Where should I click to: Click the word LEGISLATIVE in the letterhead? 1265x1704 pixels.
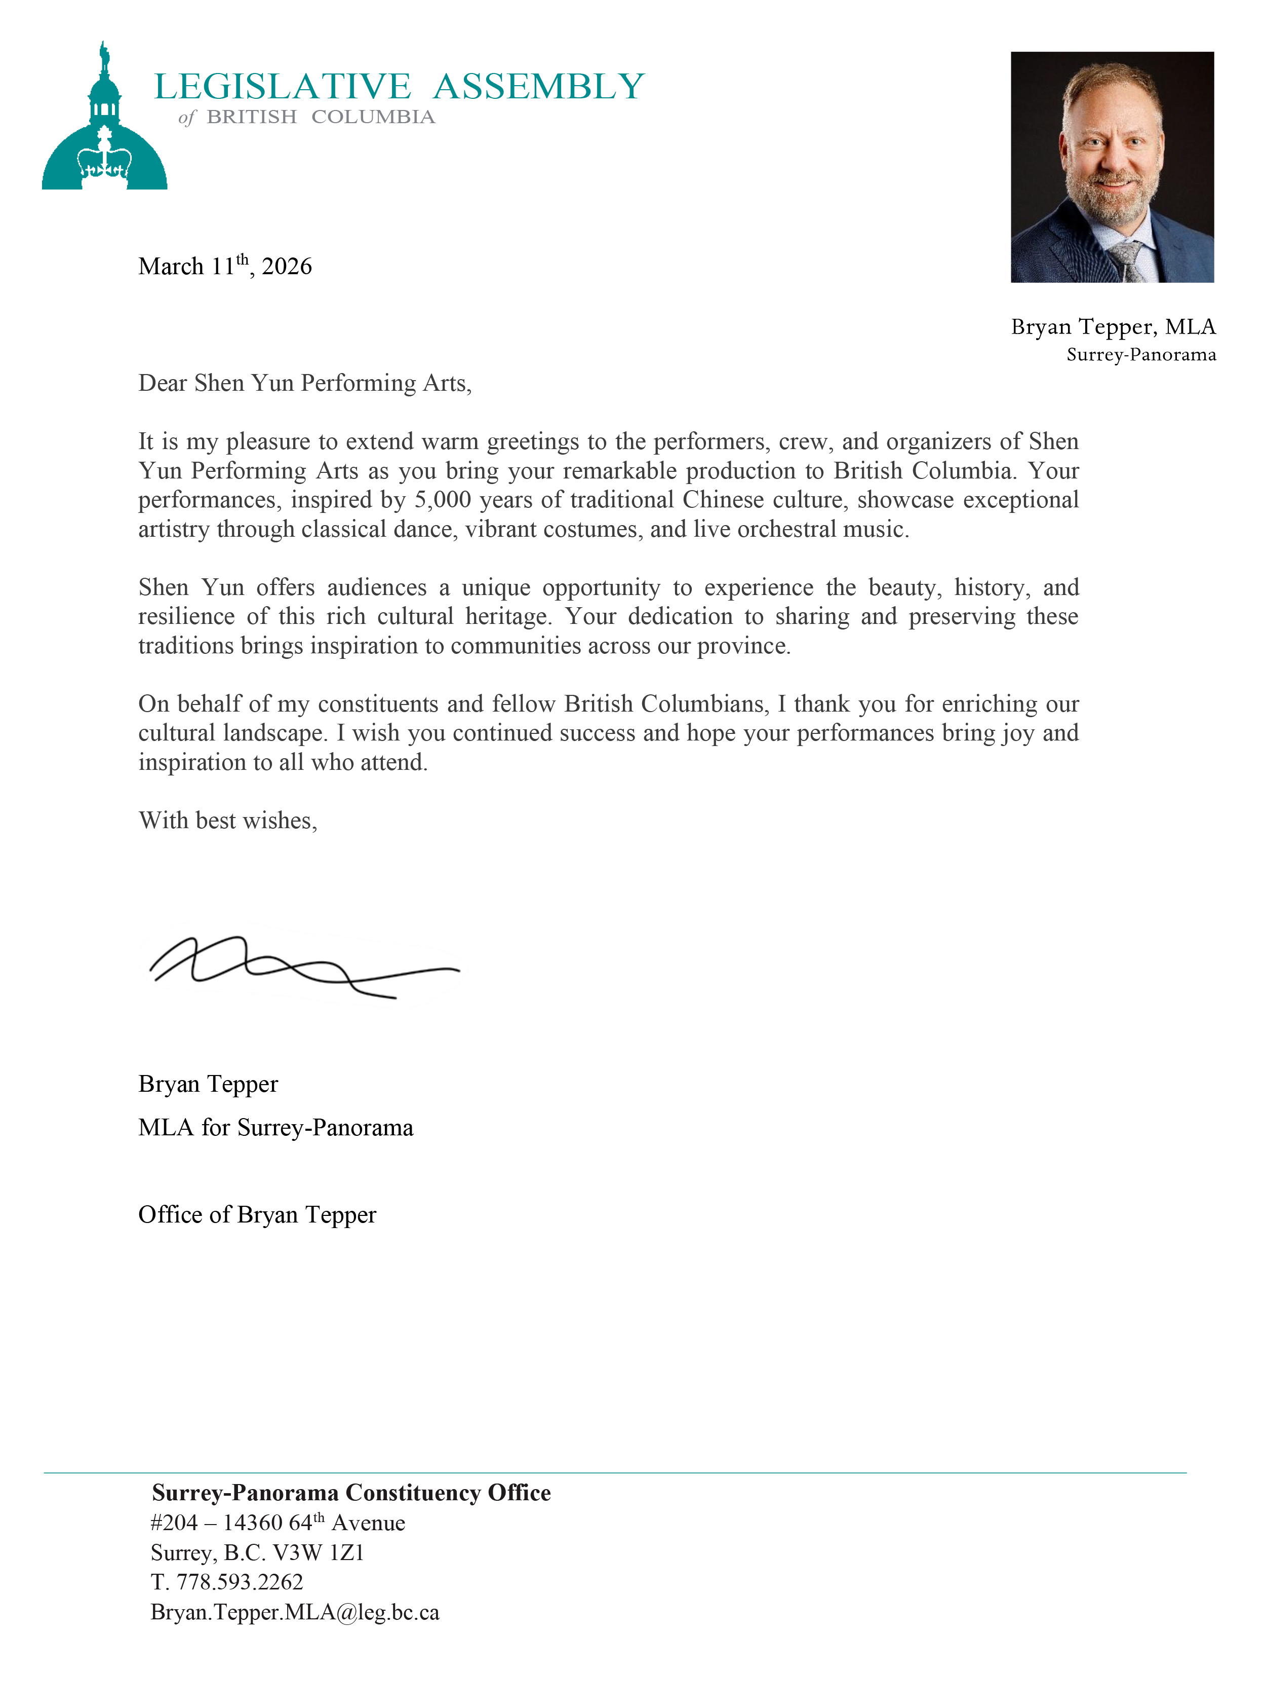point(283,87)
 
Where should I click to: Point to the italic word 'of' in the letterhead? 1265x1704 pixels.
point(187,117)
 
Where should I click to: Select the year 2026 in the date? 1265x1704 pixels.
point(287,267)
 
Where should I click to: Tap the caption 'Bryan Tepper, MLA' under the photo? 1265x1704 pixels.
point(1113,327)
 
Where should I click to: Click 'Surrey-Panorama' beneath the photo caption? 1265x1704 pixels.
point(1141,355)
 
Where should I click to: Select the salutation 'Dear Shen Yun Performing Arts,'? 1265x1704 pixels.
point(305,383)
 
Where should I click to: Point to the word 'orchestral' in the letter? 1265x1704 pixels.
point(786,530)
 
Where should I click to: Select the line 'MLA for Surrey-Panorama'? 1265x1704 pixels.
point(275,1128)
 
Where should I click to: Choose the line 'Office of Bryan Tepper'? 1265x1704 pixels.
point(257,1215)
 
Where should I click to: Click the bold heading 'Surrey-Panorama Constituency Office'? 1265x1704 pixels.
point(351,1493)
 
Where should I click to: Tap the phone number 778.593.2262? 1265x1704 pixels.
point(240,1582)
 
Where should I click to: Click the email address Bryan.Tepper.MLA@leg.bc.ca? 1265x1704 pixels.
point(295,1612)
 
